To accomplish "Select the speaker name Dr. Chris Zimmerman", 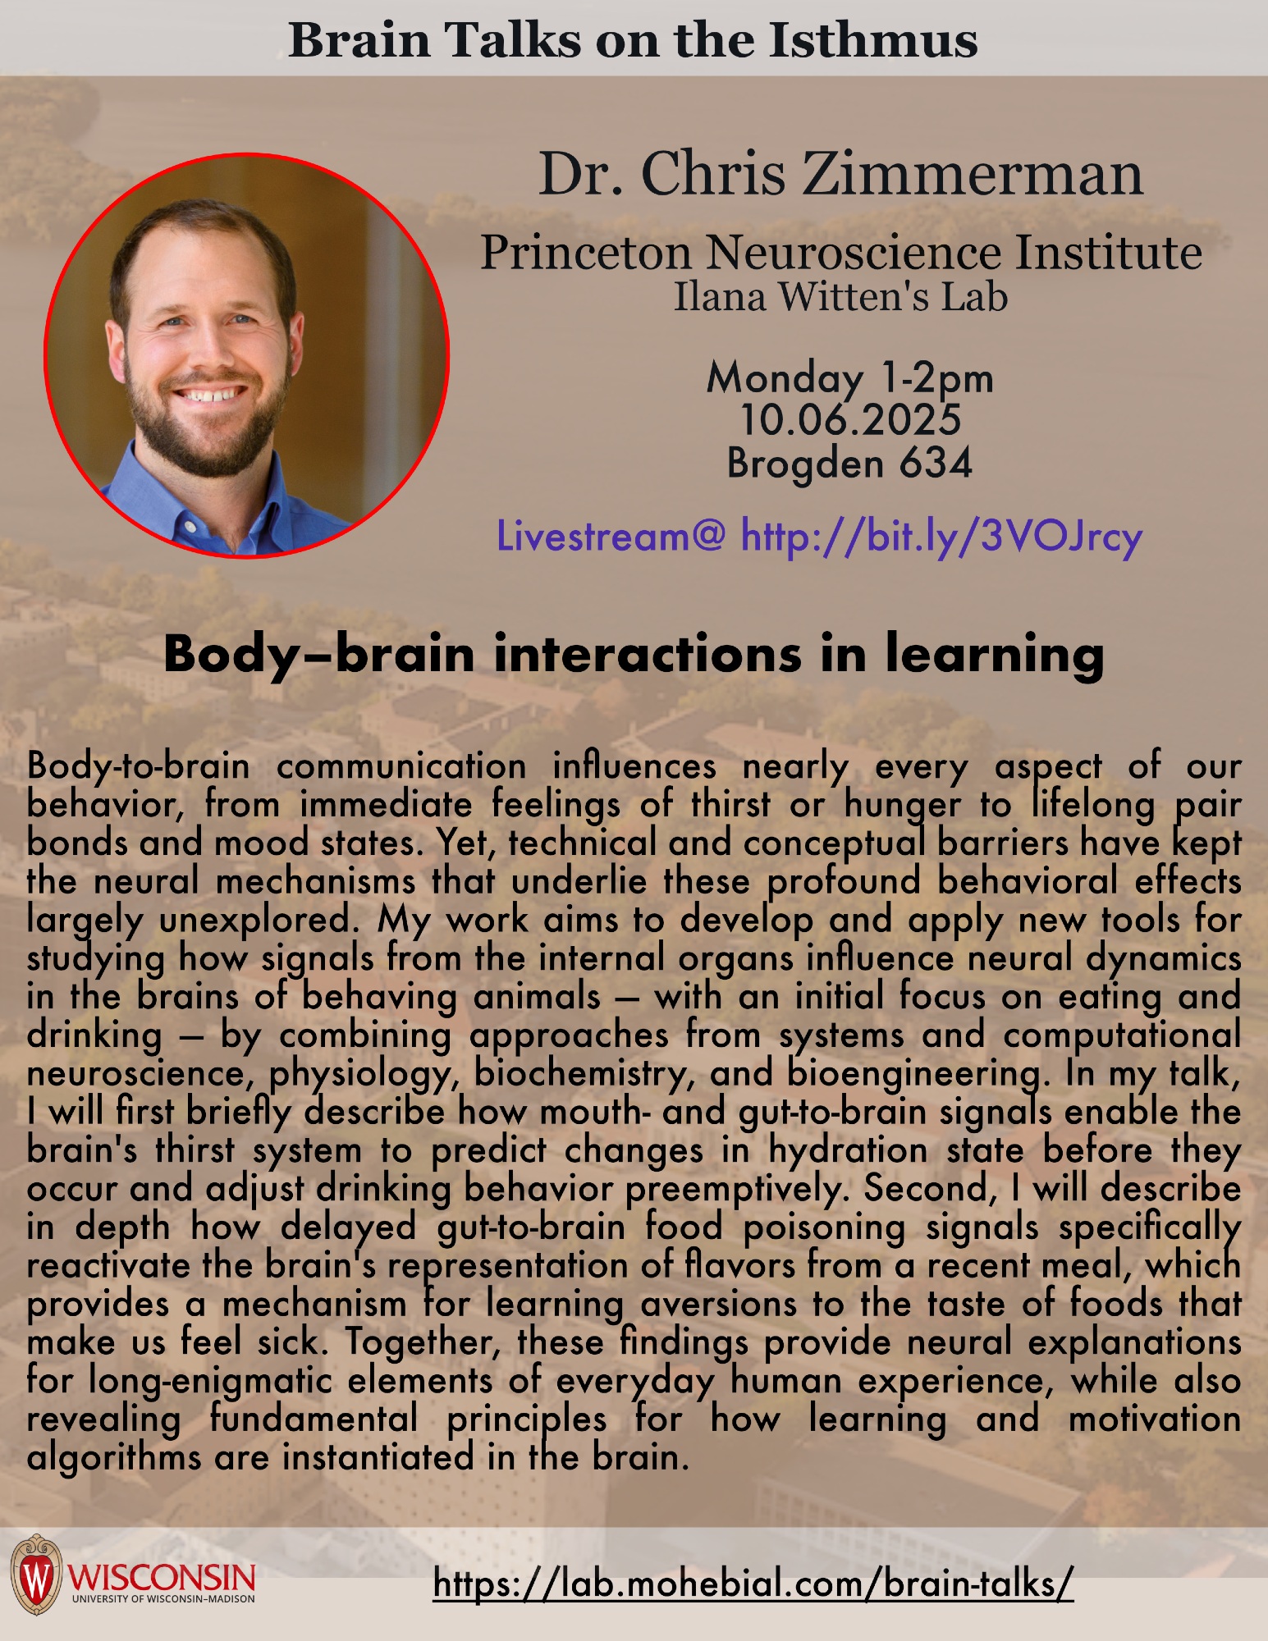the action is pyautogui.click(x=840, y=174).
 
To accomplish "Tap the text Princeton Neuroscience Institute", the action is pyautogui.click(x=840, y=252).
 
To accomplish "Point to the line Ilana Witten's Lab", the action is pyautogui.click(x=840, y=297).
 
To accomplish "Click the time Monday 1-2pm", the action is pyautogui.click(x=849, y=378).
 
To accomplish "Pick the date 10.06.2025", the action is pyautogui.click(x=850, y=419).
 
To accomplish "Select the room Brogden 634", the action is pyautogui.click(x=849, y=463).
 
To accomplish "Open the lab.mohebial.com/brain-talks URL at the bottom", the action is pyautogui.click(x=753, y=1583).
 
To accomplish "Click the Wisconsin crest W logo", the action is pyautogui.click(x=36, y=1575).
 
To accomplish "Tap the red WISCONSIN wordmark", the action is pyautogui.click(x=163, y=1576).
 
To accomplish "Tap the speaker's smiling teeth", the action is pyautogui.click(x=213, y=394).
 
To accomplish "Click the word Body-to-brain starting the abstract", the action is pyautogui.click(x=138, y=767).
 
